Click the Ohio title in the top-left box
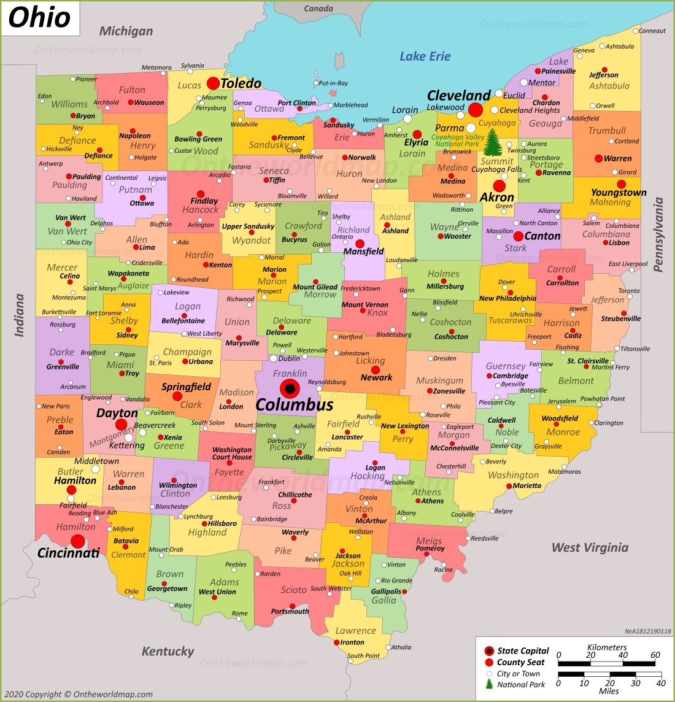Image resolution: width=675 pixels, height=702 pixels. coord(39,17)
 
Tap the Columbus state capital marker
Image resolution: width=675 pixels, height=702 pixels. coord(290,388)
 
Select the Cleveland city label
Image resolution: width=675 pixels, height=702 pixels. coord(459,96)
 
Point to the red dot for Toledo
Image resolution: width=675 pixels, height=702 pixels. coord(213,83)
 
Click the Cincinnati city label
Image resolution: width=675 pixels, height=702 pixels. coord(69,553)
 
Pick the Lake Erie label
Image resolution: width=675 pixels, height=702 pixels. coord(425,56)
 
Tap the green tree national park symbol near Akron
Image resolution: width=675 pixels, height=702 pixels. coord(492,144)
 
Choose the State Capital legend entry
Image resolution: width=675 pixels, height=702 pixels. coord(523,650)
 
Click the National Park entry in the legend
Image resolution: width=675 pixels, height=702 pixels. coord(521,684)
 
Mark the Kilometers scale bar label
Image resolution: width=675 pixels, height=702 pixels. coord(607,647)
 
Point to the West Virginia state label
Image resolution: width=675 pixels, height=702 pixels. coord(590,547)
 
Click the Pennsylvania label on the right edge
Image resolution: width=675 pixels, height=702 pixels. coord(658,234)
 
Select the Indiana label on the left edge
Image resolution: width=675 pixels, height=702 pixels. coord(20,315)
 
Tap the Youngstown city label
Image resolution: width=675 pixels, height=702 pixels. coord(619,193)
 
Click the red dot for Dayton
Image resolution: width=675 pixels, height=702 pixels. coord(121,425)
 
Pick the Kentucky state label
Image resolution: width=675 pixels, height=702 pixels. coord(168,651)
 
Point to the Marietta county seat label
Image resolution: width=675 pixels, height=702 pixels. coord(527,485)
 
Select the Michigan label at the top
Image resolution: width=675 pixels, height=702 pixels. coord(126,31)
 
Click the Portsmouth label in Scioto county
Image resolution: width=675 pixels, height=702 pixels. coord(290,611)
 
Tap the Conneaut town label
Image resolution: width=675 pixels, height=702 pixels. coord(652,31)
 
